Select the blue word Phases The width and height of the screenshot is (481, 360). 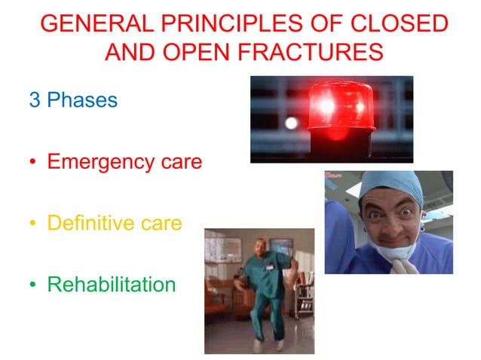coord(82,100)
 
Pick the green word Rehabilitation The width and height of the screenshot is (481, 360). coord(111,285)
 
